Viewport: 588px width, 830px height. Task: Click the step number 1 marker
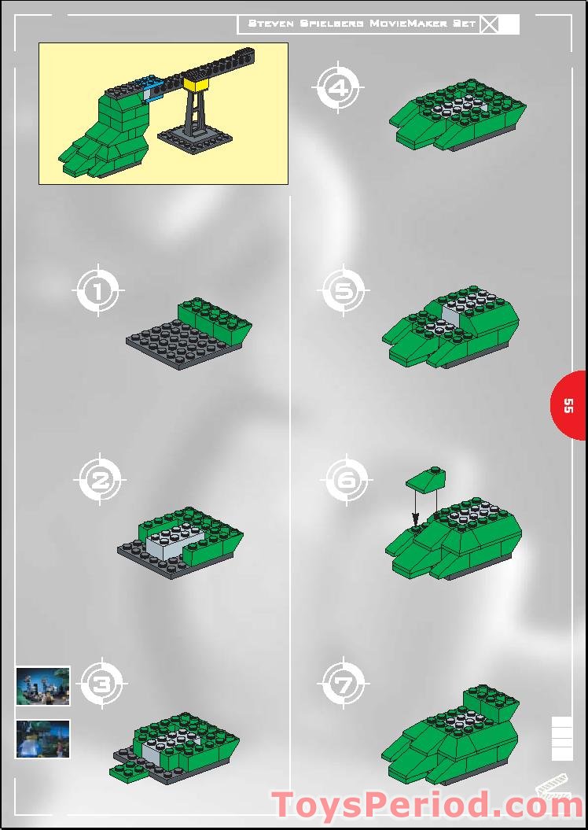tap(98, 290)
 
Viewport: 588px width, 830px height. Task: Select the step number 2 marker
tap(100, 480)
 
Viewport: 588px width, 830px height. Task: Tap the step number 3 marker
tap(102, 684)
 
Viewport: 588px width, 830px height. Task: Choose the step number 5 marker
tap(344, 290)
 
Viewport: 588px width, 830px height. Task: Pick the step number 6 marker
tap(347, 480)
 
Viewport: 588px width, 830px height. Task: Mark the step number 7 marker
tap(344, 684)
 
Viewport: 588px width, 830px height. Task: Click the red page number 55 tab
tap(568, 405)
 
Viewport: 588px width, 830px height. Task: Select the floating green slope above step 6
tap(426, 478)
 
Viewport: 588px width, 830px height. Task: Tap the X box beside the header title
tap(490, 24)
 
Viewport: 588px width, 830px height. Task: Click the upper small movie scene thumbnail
tap(42, 686)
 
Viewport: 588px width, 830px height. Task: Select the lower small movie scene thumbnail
tap(42, 739)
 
